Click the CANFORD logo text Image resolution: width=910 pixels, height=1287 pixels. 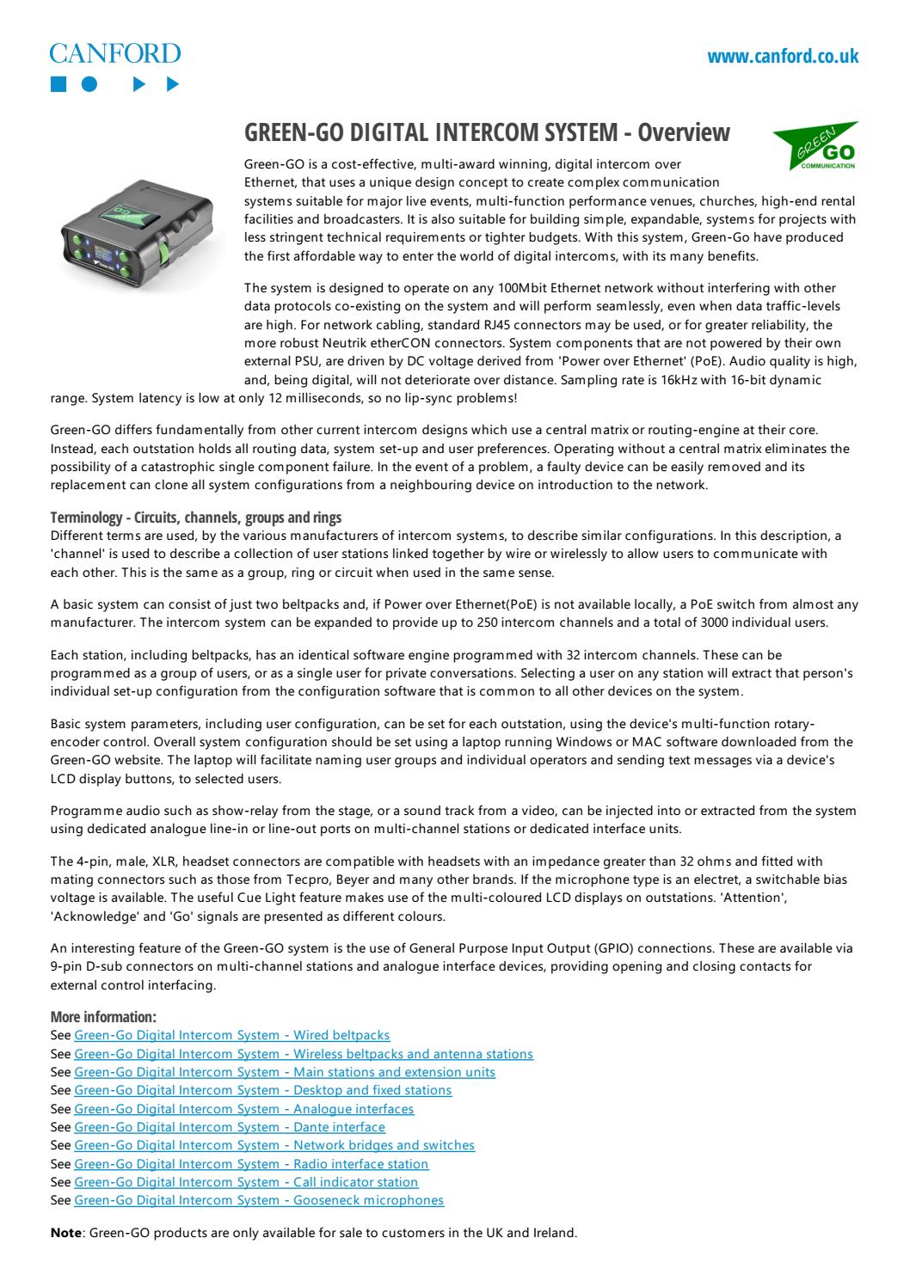coord(115,53)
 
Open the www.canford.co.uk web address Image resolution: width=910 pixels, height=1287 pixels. coord(782,57)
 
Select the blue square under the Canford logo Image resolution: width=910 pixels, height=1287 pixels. coord(58,84)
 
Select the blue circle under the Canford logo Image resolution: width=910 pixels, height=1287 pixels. coord(90,84)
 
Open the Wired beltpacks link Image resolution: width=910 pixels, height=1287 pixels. coord(232,1035)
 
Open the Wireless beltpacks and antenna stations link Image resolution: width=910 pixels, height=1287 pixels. coord(304,1053)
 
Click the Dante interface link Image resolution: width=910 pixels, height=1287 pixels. coord(230,1126)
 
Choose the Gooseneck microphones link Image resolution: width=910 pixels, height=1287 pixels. coord(259,1199)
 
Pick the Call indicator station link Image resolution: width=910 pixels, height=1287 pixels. coord(246,1181)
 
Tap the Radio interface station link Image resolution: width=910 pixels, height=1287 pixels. coord(251,1163)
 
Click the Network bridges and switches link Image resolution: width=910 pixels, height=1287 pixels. coord(274,1144)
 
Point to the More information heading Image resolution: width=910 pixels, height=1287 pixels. coord(103,1017)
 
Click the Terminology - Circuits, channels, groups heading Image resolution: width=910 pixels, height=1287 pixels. coord(196,518)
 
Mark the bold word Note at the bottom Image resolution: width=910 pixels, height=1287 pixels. coord(66,1232)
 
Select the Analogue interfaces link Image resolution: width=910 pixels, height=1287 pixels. coord(244,1108)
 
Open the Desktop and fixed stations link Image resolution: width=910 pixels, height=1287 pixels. coord(262,1089)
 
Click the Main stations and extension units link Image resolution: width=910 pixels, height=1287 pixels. coord(285,1071)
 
